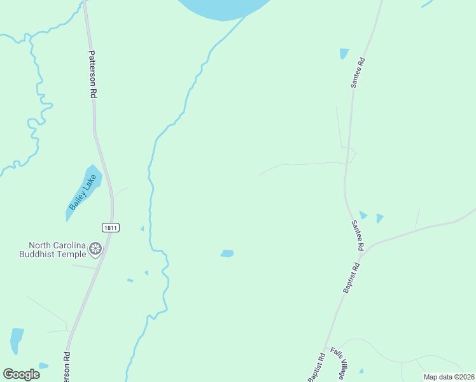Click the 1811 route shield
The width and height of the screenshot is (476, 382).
(x=110, y=227)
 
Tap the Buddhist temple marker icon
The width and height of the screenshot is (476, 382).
(x=96, y=248)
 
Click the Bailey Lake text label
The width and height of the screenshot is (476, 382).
(x=80, y=194)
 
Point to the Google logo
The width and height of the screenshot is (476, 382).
(x=22, y=374)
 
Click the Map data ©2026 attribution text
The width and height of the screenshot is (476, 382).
(x=449, y=377)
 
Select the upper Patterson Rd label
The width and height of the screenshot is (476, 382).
(x=93, y=74)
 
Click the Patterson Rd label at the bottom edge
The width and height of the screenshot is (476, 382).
(x=66, y=367)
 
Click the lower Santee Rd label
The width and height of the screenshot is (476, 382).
(x=357, y=235)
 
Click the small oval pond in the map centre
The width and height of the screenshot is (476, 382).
(x=227, y=253)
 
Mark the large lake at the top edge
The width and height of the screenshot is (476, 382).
(x=223, y=8)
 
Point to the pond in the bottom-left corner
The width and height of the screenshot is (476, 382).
(x=17, y=341)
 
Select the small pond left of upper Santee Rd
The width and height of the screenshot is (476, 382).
(x=344, y=53)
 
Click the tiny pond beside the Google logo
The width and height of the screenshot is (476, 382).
(x=43, y=366)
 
